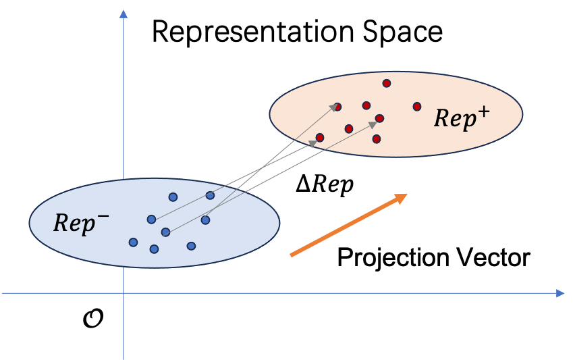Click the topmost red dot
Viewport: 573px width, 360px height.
coord(387,83)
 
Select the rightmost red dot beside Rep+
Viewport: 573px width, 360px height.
coord(417,106)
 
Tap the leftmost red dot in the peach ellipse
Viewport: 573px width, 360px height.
coord(320,137)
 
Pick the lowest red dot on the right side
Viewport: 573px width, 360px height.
coord(377,138)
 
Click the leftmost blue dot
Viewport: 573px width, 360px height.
coord(133,242)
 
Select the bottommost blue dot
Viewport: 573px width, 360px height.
coord(154,249)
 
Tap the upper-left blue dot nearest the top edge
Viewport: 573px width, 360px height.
coord(173,197)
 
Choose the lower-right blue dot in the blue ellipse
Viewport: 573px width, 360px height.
coord(191,246)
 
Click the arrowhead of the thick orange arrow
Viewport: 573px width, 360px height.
coord(402,197)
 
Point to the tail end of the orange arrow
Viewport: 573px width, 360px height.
coord(291,255)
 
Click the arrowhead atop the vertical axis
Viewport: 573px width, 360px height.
coord(124,13)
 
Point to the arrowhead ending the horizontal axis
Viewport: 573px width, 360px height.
coord(560,293)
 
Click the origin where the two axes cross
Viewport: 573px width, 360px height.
coord(124,293)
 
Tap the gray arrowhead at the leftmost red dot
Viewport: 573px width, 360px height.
coord(313,142)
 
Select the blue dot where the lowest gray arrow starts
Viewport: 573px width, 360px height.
coord(165,232)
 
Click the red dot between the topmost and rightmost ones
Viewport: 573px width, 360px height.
coord(379,118)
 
